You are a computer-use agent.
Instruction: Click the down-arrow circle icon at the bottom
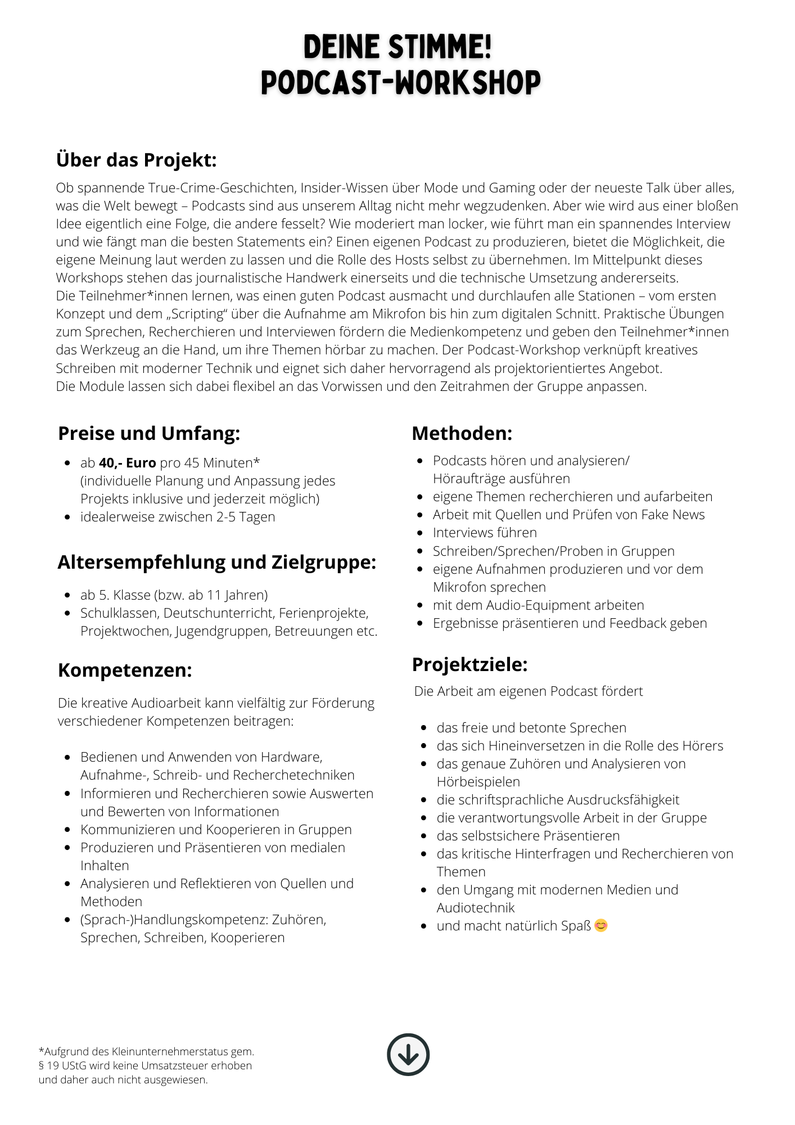click(408, 1054)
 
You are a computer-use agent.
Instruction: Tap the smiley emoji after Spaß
click(601, 925)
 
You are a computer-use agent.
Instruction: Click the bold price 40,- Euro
click(127, 463)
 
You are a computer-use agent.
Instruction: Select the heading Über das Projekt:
click(136, 160)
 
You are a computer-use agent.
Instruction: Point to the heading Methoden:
click(462, 433)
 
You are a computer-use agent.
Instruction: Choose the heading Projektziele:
click(470, 664)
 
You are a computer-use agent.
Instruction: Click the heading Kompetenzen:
click(125, 670)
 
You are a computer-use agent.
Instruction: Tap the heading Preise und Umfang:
click(149, 433)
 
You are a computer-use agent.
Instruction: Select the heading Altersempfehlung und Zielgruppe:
click(217, 562)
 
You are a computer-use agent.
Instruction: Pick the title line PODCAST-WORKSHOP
click(400, 83)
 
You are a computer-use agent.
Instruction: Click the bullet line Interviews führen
click(485, 533)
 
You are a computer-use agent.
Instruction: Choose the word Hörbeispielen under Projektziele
click(478, 782)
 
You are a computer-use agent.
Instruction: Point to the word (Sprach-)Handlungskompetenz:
click(174, 920)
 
